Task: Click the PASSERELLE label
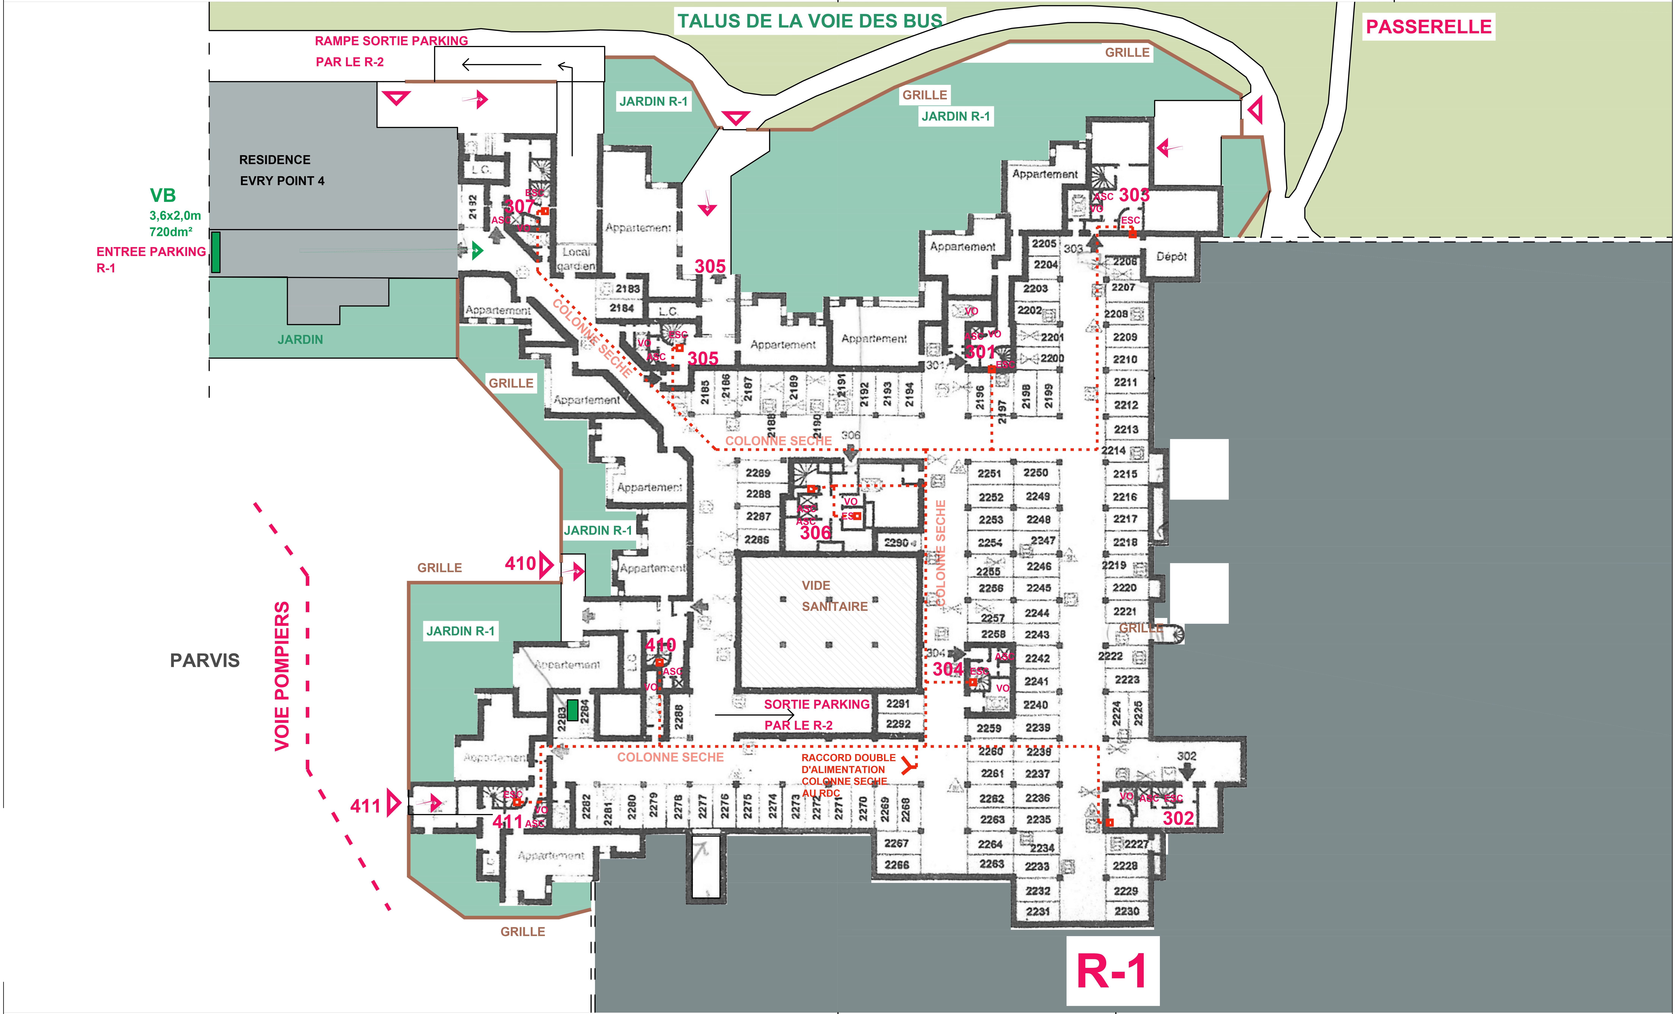1428,27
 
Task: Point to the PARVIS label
205,661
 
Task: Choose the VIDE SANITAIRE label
834,596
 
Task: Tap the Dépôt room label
1171,256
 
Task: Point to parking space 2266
897,864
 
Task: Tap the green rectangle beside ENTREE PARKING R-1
216,252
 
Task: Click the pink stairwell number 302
1178,818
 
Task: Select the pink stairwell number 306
815,533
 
